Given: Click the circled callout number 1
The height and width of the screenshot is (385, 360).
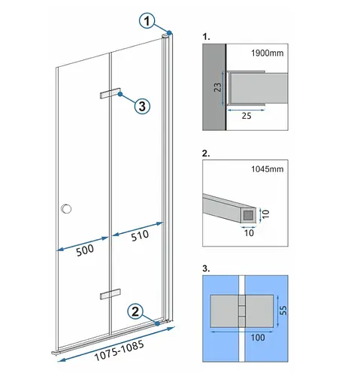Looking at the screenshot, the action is click(x=147, y=21).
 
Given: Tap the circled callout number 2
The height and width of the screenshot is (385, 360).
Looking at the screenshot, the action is click(x=135, y=311).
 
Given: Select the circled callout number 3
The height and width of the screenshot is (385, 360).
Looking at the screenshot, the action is click(x=142, y=106).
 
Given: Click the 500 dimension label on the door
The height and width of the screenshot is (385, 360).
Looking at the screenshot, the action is click(x=85, y=250).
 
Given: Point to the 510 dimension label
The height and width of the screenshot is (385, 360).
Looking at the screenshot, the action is click(x=140, y=235).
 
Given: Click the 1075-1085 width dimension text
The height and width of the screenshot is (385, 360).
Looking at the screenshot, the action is click(x=119, y=350).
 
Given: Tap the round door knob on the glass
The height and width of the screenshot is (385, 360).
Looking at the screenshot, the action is click(x=66, y=209).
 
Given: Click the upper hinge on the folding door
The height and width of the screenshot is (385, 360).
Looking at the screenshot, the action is click(x=110, y=93).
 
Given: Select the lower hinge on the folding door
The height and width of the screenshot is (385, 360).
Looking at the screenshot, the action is click(x=110, y=294).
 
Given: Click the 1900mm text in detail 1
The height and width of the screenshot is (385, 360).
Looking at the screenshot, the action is click(x=268, y=53).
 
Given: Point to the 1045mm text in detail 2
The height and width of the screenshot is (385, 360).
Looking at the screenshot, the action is click(x=268, y=169).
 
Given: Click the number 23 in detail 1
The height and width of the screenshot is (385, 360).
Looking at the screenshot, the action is click(x=217, y=87).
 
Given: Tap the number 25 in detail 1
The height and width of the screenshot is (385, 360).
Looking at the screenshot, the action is click(x=247, y=116).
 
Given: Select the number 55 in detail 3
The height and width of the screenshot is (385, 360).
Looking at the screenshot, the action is click(x=283, y=311).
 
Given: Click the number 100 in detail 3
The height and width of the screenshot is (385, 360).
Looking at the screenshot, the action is click(x=258, y=338).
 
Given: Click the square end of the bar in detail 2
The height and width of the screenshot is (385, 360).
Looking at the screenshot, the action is click(x=249, y=215).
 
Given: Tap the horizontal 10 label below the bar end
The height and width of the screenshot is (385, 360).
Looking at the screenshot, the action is click(x=249, y=233).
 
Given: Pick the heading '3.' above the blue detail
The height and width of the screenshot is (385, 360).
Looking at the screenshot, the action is click(x=206, y=268).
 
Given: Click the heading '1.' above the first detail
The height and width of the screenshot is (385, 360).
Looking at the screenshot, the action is click(x=206, y=37).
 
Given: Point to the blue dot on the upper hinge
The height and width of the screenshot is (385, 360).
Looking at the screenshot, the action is click(x=120, y=94).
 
